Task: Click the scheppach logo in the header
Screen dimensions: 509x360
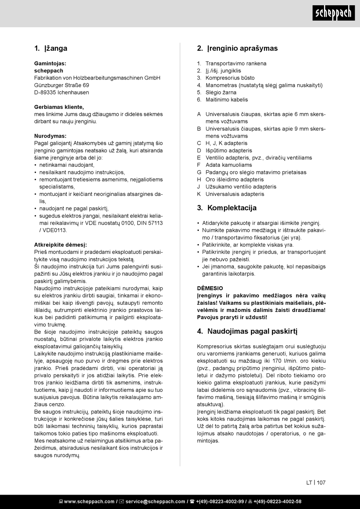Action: [x=334, y=14]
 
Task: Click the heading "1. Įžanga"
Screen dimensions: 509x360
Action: [x=51, y=49]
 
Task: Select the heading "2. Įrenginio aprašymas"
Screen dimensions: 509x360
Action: [x=237, y=49]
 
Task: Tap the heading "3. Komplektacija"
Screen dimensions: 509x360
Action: [x=227, y=208]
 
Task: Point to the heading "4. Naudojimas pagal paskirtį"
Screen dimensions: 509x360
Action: [x=247, y=331]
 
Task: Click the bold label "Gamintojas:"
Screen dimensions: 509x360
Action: [x=50, y=64]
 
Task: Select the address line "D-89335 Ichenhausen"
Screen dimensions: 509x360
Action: [x=61, y=92]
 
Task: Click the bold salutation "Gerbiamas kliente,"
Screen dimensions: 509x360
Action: [x=59, y=107]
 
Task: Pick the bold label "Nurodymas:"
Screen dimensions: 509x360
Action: [x=50, y=136]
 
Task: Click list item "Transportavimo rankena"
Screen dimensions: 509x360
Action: [x=236, y=64]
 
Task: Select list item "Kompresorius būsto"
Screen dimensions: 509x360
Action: [x=230, y=78]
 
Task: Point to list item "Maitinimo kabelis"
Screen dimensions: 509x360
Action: [x=227, y=100]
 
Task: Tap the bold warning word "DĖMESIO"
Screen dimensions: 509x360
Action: [x=210, y=288]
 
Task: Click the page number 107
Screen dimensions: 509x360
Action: [x=321, y=483]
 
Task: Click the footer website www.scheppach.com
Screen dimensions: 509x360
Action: [x=89, y=502]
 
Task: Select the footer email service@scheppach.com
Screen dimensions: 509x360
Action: [x=155, y=502]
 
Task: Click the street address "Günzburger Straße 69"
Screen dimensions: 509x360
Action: [x=61, y=85]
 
